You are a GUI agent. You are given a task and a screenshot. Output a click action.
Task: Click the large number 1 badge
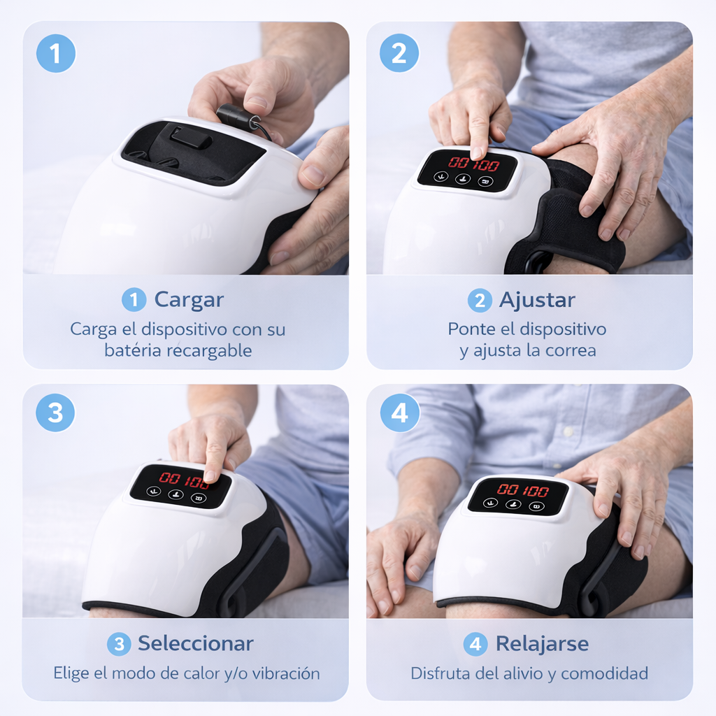pyautogui.click(x=55, y=53)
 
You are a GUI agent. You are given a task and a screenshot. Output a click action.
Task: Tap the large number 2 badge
pyautogui.click(x=399, y=53)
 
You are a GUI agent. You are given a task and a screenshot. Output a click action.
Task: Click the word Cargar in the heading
pyautogui.click(x=189, y=300)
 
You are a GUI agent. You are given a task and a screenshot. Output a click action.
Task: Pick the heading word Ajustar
pyautogui.click(x=536, y=300)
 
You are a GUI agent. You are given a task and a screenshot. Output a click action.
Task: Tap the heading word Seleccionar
pyautogui.click(x=195, y=643)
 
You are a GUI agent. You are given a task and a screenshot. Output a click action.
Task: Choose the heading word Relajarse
pyautogui.click(x=542, y=643)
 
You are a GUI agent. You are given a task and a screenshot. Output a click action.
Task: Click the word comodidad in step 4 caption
pyautogui.click(x=604, y=674)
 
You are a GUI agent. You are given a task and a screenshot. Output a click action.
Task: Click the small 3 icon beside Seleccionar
pyautogui.click(x=118, y=644)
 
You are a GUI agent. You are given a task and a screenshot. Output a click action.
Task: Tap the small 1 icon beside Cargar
pyautogui.click(x=134, y=301)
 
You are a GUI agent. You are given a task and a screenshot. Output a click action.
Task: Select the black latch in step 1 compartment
pyautogui.click(x=190, y=136)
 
